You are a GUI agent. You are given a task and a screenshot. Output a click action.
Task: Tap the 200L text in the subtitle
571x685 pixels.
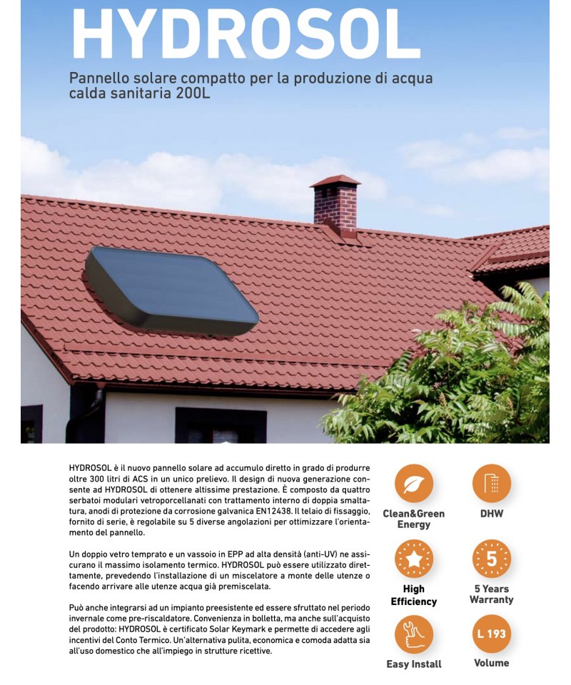pos(193,94)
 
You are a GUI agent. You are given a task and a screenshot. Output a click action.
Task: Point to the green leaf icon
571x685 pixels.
pos(414,483)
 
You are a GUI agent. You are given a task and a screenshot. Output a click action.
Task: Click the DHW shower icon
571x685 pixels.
pos(491,483)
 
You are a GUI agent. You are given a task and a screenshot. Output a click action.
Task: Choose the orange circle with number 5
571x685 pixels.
pos(491,559)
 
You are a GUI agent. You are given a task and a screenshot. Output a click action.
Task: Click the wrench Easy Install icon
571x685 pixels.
pos(414,634)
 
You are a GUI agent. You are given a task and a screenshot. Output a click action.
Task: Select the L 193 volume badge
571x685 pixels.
pos(491,634)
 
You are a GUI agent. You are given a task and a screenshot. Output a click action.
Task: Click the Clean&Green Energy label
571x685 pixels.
pos(414,519)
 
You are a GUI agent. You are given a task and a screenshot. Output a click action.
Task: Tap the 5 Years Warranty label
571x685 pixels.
pos(491,594)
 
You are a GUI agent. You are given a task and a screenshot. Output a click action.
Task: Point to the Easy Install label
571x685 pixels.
pos(414,664)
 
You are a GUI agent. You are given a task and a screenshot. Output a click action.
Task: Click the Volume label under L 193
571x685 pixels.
pos(491,663)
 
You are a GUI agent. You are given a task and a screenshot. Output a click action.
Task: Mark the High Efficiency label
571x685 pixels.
pos(414,595)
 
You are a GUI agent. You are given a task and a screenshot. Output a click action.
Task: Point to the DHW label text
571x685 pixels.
pos(491,514)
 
